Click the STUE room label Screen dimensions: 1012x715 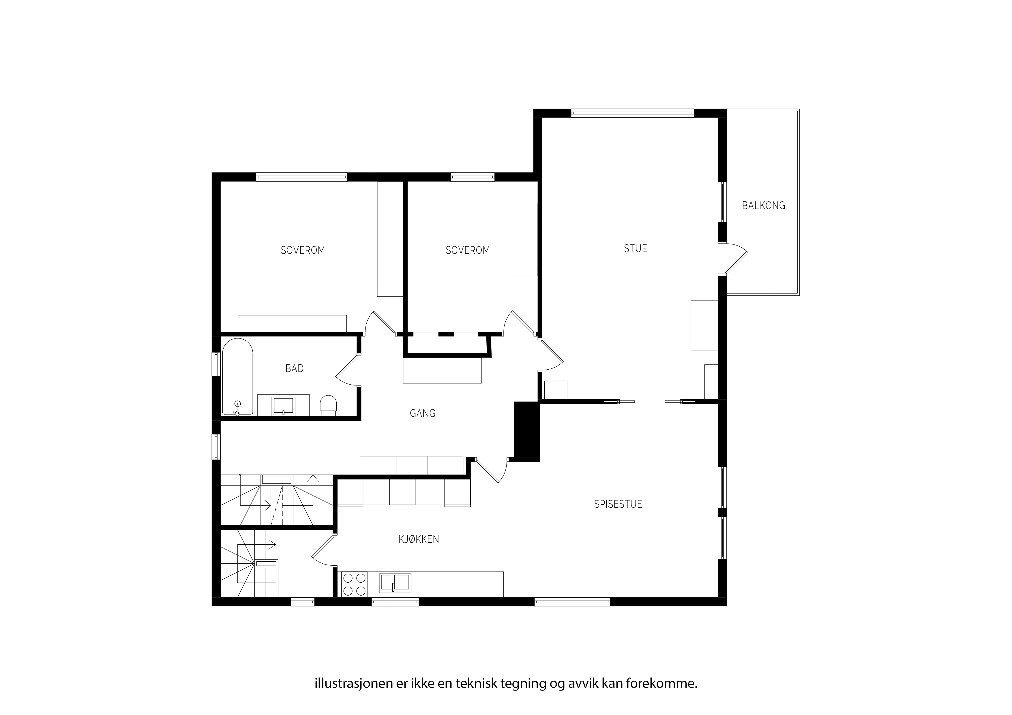(635, 249)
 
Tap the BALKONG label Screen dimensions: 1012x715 (763, 205)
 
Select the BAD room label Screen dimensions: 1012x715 (295, 368)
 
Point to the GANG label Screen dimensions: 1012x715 (423, 413)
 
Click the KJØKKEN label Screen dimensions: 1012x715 (419, 539)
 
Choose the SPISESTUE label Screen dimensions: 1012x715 (618, 504)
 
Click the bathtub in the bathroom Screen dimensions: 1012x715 (238, 377)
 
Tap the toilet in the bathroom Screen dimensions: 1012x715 (328, 405)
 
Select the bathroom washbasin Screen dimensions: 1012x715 (283, 405)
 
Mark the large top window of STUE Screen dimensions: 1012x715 (632, 113)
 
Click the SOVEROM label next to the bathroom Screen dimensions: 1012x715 (303, 250)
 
